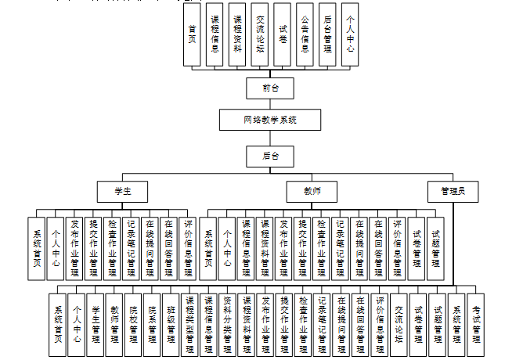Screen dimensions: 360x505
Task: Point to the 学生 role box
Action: click(x=121, y=191)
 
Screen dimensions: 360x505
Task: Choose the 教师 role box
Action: click(x=314, y=191)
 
